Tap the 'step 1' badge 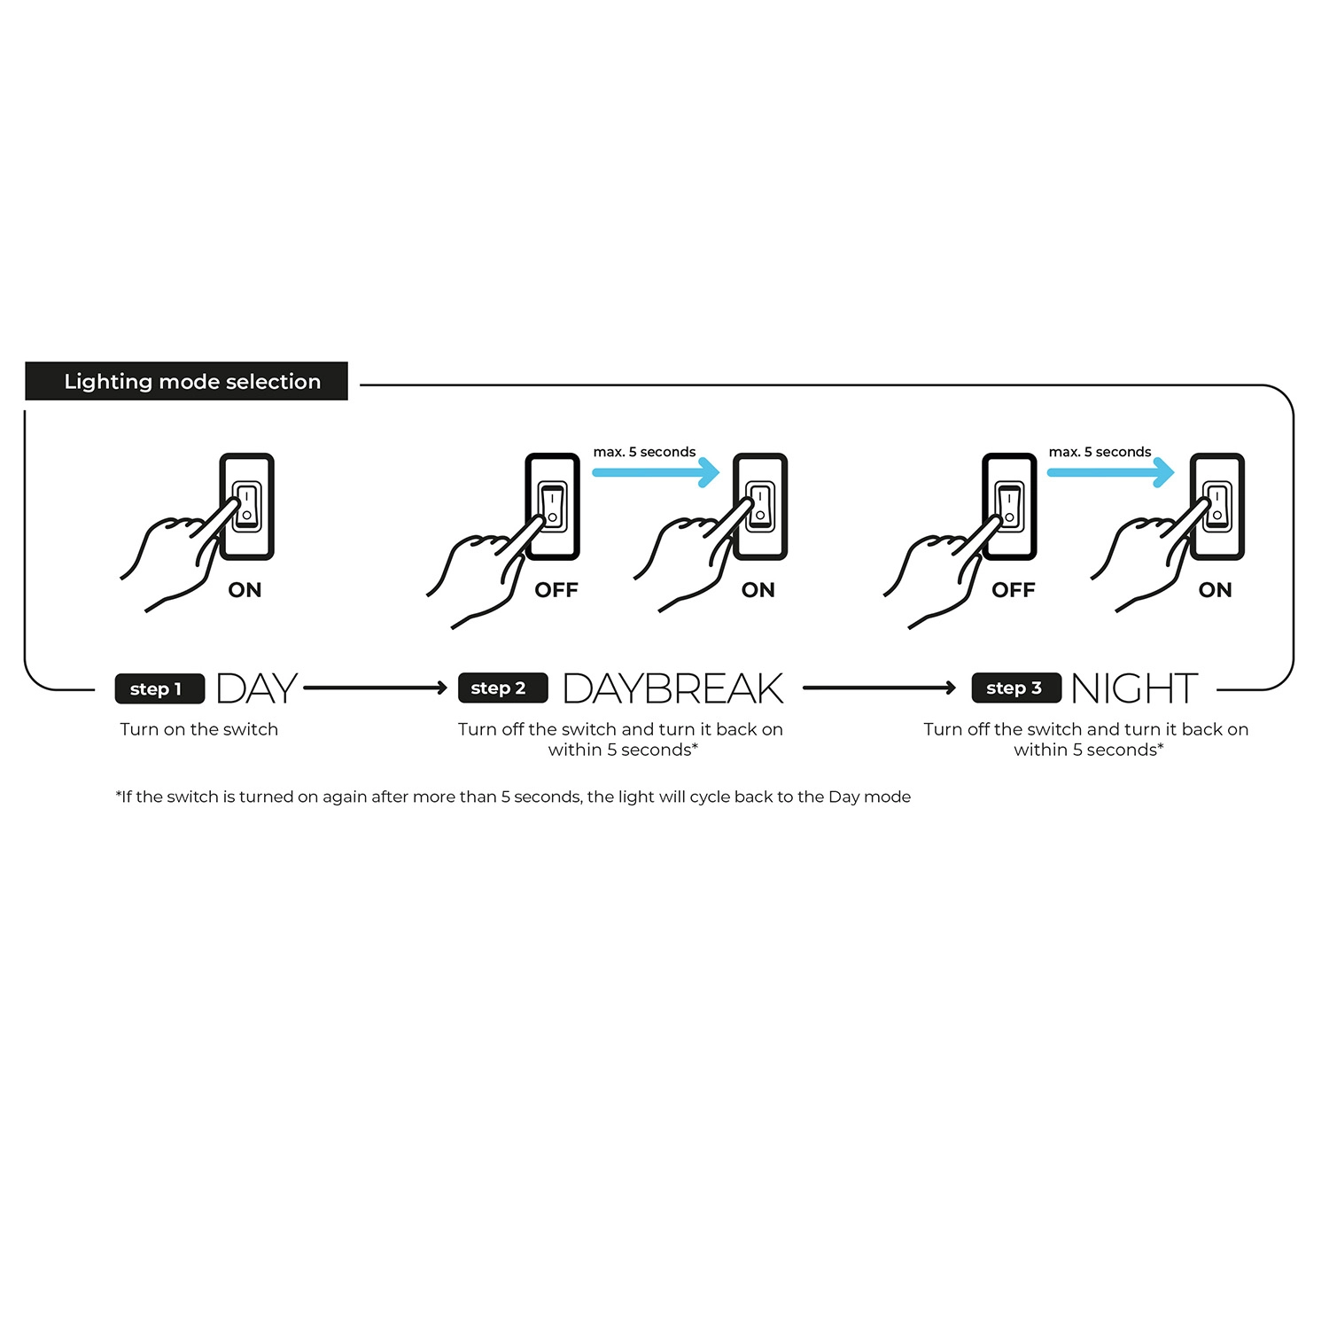coord(159,688)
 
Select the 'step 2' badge coord(502,688)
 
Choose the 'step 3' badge coord(1016,688)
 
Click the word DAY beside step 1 coord(256,688)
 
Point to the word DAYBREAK coord(672,688)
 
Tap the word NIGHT coord(1134,688)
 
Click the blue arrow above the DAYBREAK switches coord(656,472)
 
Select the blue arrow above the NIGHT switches coord(1110,472)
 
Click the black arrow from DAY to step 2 coord(376,688)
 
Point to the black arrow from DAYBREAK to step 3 coord(880,688)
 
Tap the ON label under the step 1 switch coord(245,590)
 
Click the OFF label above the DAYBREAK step coord(556,590)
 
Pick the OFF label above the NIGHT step coord(1014,590)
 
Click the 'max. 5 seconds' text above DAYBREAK coord(644,452)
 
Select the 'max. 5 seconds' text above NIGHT coord(1100,452)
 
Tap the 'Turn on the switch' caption coord(199,729)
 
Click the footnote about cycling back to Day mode coord(513,797)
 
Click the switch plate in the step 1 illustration coord(247,507)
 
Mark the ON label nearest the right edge coord(1215,590)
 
